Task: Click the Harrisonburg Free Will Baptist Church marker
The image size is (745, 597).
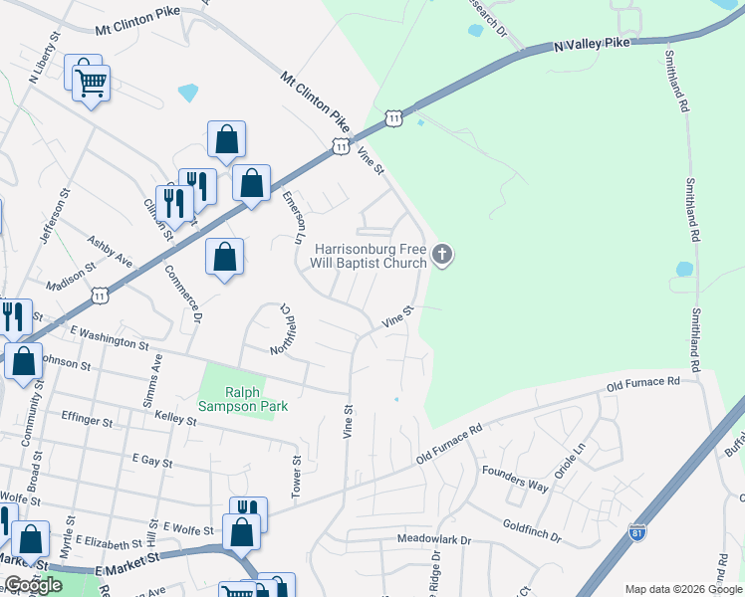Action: tap(443, 257)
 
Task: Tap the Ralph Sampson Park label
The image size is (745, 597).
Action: tap(242, 399)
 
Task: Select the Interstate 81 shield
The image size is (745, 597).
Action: tap(637, 534)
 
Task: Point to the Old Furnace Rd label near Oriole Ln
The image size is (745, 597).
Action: tap(643, 383)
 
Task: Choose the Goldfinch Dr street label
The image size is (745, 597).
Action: tap(532, 529)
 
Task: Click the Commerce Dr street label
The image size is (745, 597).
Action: tap(183, 293)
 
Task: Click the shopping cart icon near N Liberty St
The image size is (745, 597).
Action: tap(91, 83)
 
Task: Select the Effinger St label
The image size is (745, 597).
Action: tap(88, 420)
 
